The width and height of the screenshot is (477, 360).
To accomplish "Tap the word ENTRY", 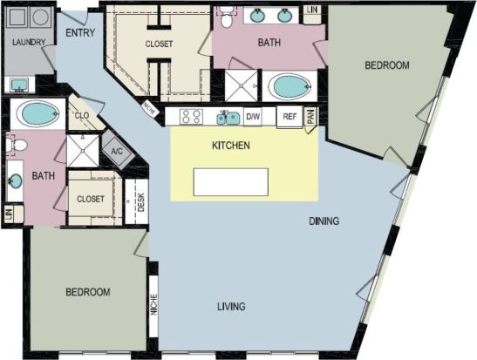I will pos(79,34).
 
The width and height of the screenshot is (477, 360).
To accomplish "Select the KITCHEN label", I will pos(232,146).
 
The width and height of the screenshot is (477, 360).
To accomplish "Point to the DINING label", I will pos(324,221).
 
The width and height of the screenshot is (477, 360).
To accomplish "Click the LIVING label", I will pos(231,306).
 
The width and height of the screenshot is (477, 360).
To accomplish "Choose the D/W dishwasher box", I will pos(253,117).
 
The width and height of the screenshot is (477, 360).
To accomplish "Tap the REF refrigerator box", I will pos(288,117).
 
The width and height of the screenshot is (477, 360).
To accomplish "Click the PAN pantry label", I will pos(309,117).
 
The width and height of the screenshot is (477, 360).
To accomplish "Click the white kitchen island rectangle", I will pos(231,181).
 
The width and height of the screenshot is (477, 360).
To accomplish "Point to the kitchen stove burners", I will pos(192,117).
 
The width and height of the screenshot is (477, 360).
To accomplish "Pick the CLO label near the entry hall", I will pos(84,113).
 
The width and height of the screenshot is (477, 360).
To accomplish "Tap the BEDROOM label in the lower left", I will pos(88,291).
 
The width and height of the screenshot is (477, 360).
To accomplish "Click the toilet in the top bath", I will pos(226,13).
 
